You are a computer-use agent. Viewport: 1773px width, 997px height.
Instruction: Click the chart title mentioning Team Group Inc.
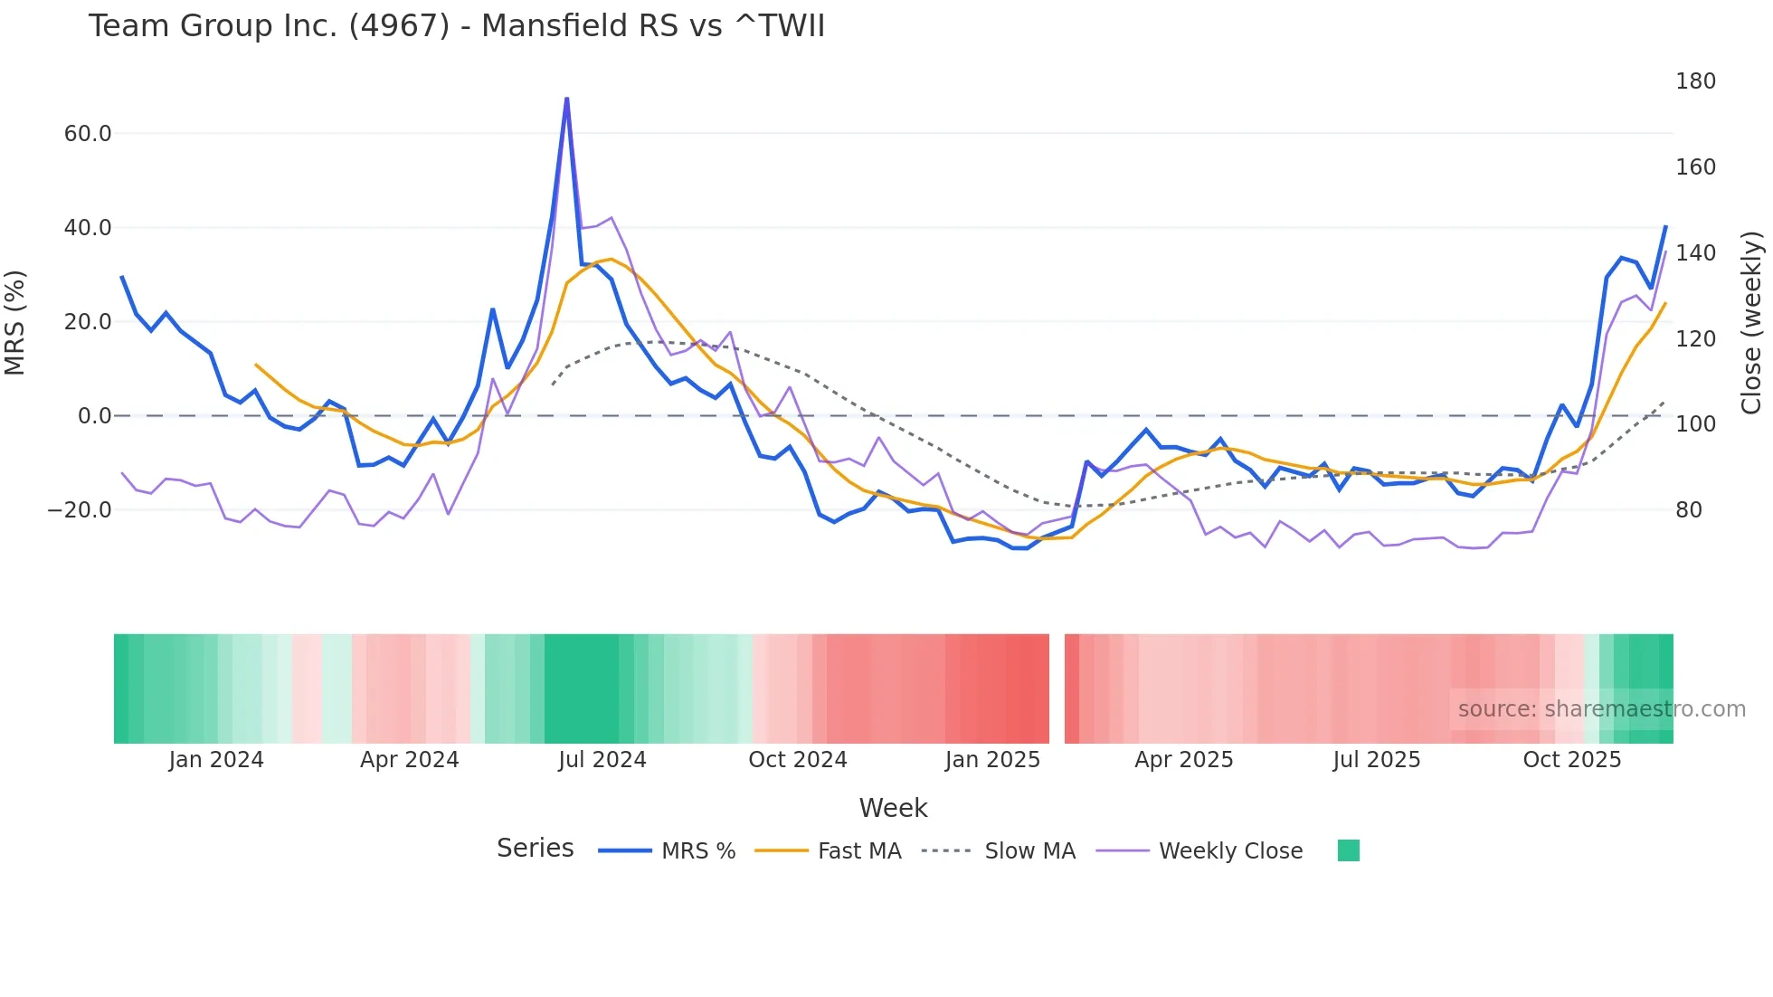[456, 26]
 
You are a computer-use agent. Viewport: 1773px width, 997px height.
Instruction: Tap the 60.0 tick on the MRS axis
[88, 134]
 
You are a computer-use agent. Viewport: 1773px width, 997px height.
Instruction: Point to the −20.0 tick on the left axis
[80, 510]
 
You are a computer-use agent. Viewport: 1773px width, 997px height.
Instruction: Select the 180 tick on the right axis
[1695, 81]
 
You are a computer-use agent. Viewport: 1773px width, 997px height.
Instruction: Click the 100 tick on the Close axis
[1695, 424]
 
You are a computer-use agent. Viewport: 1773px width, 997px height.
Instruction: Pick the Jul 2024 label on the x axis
[602, 760]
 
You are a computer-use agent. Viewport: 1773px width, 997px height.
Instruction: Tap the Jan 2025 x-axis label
[992, 760]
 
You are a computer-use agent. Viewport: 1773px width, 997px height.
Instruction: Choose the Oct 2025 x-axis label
[1571, 760]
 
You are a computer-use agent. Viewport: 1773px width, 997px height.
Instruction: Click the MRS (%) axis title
[15, 322]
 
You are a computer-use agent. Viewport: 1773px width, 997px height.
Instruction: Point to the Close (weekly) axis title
[1751, 322]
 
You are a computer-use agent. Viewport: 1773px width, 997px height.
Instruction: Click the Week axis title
[893, 808]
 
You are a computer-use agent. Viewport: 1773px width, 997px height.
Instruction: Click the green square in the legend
[1348, 850]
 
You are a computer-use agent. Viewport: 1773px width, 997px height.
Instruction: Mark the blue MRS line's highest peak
[567, 99]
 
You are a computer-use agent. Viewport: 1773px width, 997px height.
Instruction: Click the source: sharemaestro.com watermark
[1601, 709]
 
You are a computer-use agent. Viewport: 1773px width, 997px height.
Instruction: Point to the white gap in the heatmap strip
[1057, 688]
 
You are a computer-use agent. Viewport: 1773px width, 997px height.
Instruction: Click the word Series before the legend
[535, 849]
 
